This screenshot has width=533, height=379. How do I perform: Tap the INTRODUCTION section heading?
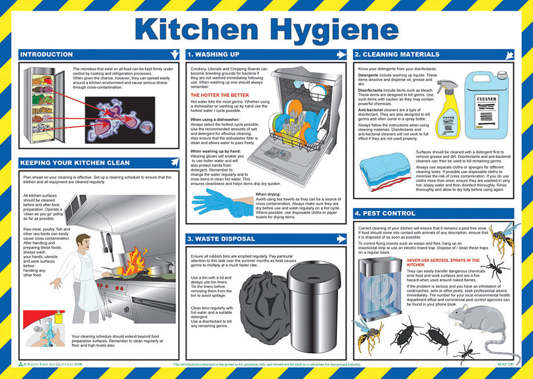pyautogui.click(x=46, y=54)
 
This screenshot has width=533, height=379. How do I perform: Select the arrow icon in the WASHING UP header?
pyautogui.click(x=342, y=54)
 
